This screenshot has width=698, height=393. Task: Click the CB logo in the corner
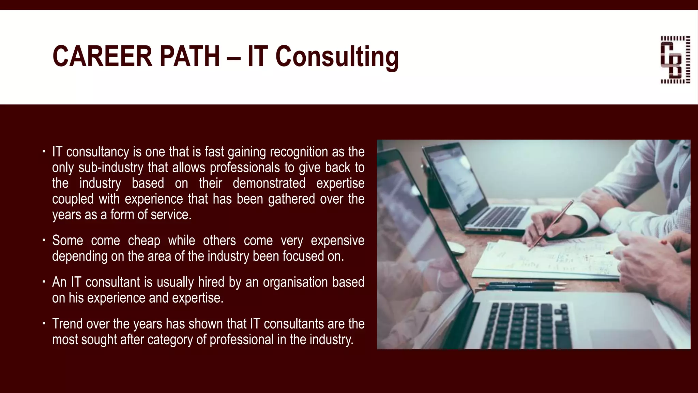tap(675, 60)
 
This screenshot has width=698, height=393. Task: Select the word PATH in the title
tap(189, 57)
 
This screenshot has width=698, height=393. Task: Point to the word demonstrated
tap(269, 183)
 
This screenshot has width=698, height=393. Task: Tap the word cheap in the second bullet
tap(144, 241)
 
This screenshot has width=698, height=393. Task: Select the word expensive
tap(337, 241)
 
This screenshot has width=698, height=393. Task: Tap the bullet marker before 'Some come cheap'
tap(44, 240)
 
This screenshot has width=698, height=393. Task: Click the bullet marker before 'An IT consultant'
tap(44, 282)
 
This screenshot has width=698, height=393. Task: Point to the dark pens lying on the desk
tap(518, 286)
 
